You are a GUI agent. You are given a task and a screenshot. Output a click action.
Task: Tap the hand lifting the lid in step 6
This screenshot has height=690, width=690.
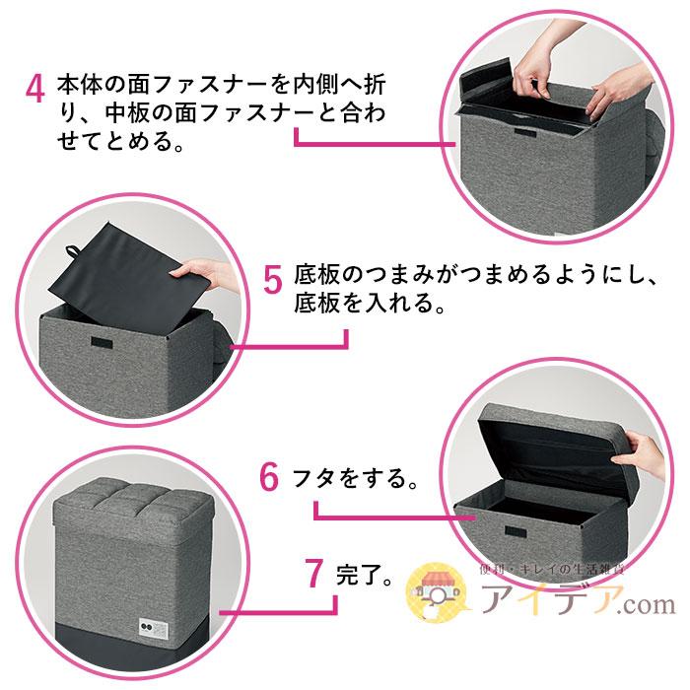(x=642, y=452)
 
